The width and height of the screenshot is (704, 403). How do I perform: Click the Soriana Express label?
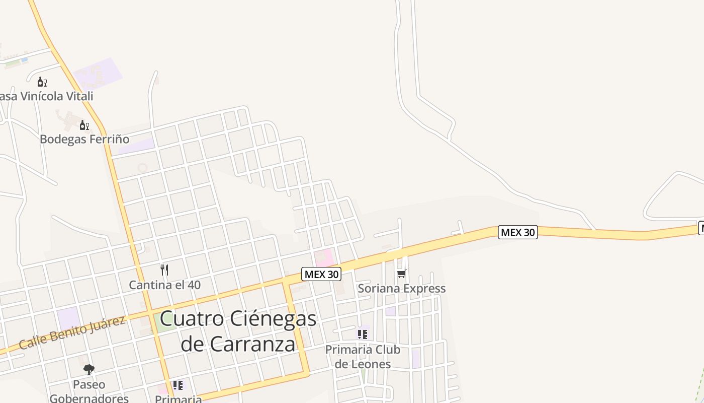[x=401, y=289]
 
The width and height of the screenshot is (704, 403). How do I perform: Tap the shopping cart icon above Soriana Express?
[x=401, y=274]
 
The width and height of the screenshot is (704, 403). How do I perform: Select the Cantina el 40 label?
[x=164, y=285]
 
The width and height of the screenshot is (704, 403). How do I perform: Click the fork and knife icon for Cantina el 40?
[x=164, y=270]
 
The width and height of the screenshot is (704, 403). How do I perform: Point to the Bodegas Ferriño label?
[x=84, y=139]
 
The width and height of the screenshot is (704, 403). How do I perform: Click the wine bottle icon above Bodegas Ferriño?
[x=84, y=125]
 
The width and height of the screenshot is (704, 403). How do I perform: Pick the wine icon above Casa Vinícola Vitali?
[x=42, y=82]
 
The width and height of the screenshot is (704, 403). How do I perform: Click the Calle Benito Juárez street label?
[x=72, y=333]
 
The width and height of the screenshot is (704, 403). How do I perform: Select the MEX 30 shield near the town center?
[x=321, y=275]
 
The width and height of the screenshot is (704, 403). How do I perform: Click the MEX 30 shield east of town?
[x=518, y=232]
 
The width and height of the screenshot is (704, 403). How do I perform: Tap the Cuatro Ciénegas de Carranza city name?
[x=238, y=331]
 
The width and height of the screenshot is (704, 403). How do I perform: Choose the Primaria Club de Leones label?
[x=363, y=356]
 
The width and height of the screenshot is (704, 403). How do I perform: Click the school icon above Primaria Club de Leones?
[x=363, y=334]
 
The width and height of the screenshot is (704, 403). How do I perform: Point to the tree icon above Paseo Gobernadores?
[x=89, y=370]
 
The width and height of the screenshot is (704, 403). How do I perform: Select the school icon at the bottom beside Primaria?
[x=178, y=385]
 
